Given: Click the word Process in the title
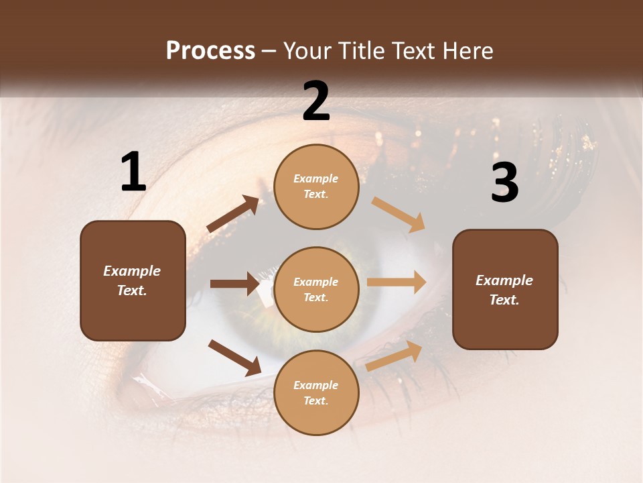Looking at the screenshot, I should pos(210,51).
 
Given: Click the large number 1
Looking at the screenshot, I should pos(133,172).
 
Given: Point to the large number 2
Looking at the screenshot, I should pos(316,101).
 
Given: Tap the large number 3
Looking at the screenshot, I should pos(504,183).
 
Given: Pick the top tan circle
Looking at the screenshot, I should pos(316,186).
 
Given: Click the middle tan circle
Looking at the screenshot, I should pos(316,289).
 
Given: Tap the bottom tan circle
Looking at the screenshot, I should pos(316,392).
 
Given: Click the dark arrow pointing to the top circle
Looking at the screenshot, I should pos(233,214).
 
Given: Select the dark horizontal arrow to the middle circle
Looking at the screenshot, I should pos(234,284).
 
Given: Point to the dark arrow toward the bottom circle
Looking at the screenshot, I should pos(234,357).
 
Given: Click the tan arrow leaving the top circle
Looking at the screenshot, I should pos(399,215).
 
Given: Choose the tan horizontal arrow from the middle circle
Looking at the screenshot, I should pos(397,282).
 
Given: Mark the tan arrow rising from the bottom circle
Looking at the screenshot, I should pos(395,356).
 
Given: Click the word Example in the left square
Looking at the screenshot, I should pos(132,271).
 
